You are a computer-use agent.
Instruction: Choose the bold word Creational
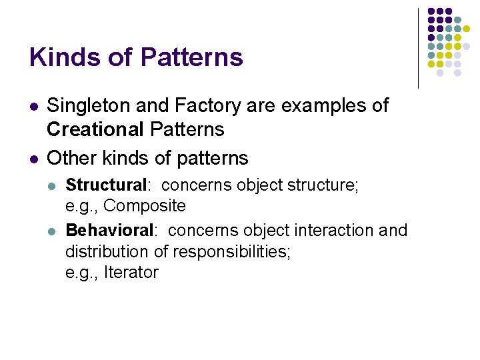[96, 128]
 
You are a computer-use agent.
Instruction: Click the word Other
[72, 158]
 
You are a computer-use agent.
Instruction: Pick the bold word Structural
[105, 185]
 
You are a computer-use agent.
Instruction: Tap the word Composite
[145, 205]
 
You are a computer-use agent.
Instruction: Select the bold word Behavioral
[110, 231]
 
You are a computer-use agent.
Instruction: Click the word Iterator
[131, 272]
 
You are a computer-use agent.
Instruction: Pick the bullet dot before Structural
[54, 185]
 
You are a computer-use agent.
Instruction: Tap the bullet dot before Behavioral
[54, 231]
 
